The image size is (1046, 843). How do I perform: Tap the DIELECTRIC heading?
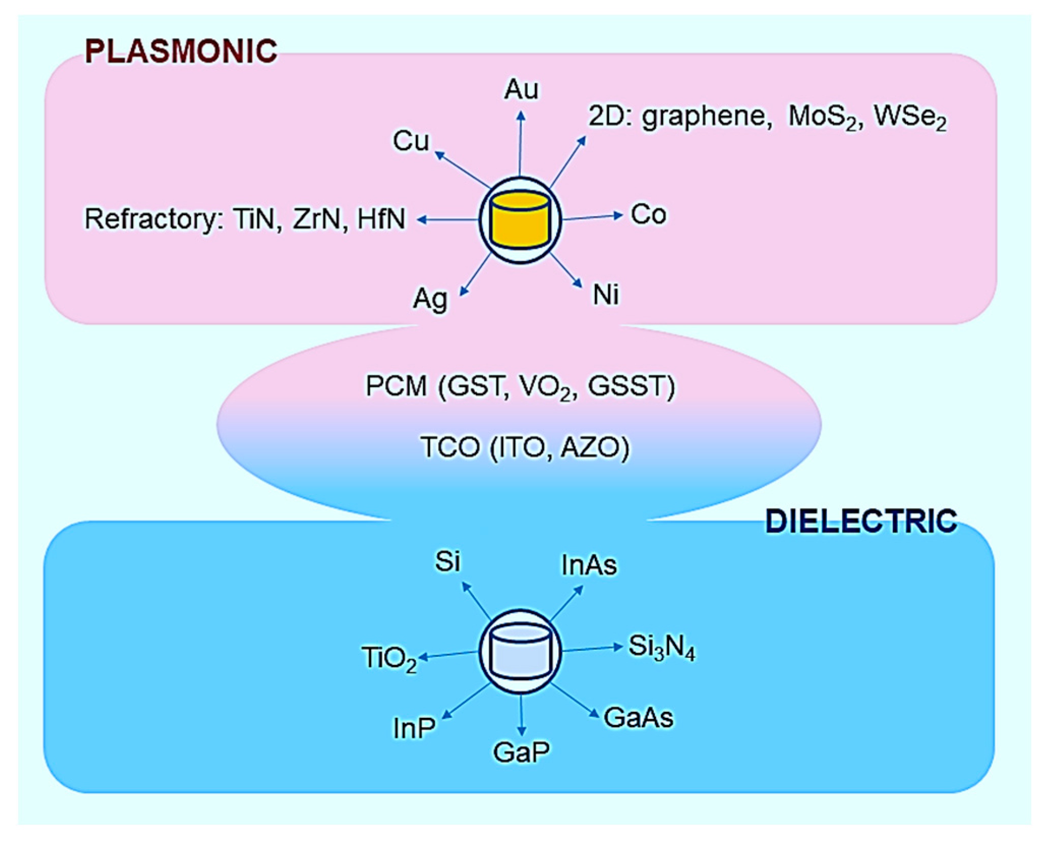[861, 522]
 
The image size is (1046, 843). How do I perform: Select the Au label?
[521, 90]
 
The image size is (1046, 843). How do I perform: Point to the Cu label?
[411, 141]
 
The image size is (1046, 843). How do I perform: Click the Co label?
[648, 215]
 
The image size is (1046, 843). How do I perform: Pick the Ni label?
[606, 295]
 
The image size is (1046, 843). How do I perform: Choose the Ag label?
[430, 299]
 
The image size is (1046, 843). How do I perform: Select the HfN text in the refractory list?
[381, 220]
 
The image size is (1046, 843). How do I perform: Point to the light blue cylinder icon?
[520, 651]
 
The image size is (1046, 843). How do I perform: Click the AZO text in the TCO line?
[594, 448]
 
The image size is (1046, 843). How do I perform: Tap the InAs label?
[589, 565]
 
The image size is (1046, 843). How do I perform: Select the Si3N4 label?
[661, 647]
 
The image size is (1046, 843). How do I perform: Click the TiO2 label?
[389, 658]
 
